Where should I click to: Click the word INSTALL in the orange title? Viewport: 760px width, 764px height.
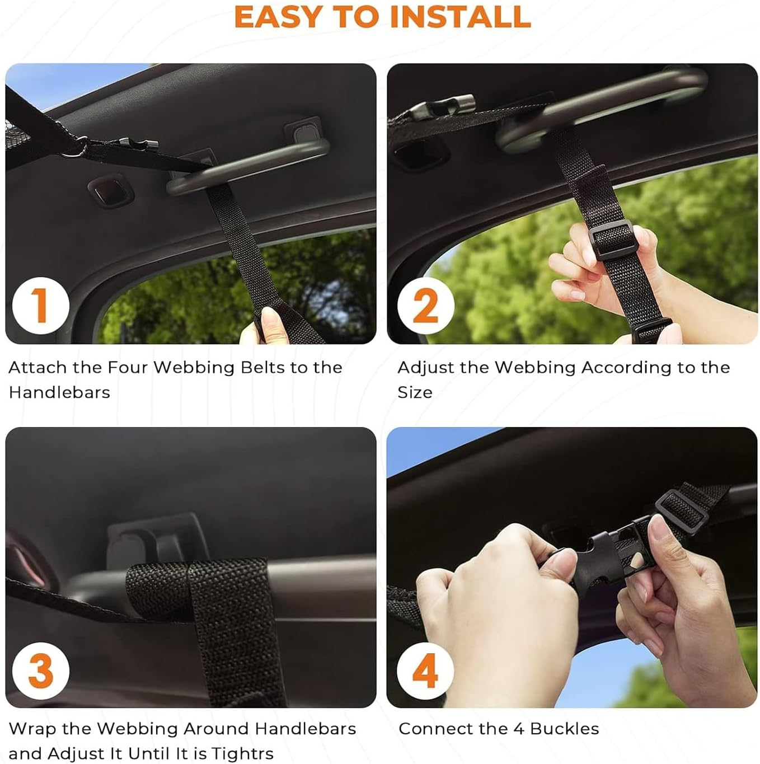pyautogui.click(x=460, y=17)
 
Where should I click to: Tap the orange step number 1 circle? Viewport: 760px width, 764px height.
pyautogui.click(x=41, y=306)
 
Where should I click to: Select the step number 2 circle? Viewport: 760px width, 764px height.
pyautogui.click(x=425, y=306)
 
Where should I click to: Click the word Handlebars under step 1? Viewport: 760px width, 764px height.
pyautogui.click(x=59, y=392)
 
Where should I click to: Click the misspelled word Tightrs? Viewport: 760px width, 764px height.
pyautogui.click(x=242, y=753)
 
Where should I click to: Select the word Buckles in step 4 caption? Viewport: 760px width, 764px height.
pyautogui.click(x=565, y=728)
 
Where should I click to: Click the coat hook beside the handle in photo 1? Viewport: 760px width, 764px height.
pyautogui.click(x=111, y=191)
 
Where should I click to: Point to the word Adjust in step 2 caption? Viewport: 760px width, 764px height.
pyautogui.click(x=424, y=368)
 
